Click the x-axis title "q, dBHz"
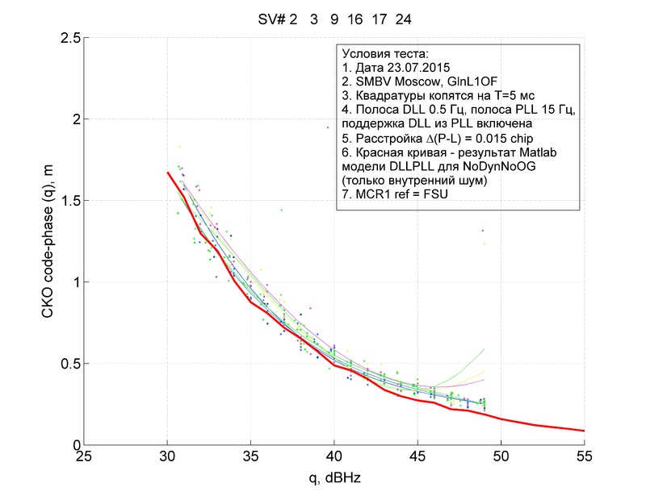[333, 477]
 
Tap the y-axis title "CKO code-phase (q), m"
[48, 242]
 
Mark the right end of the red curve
[584, 431]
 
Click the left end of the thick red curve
[167, 172]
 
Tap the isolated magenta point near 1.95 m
[328, 127]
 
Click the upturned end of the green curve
[484, 348]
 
